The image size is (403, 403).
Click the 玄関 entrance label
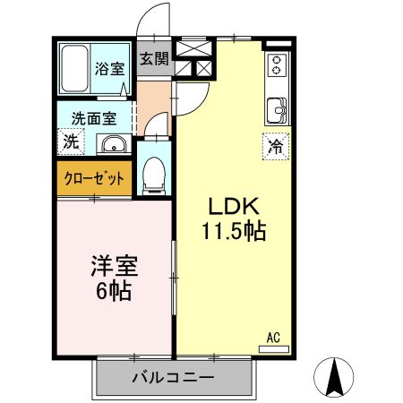click(x=155, y=58)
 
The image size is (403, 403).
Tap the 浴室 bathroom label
click(x=110, y=69)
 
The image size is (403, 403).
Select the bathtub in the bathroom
click(x=74, y=68)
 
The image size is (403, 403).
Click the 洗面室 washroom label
click(x=94, y=118)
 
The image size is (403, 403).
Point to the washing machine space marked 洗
click(x=71, y=141)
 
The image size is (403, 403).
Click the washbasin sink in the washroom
click(x=114, y=145)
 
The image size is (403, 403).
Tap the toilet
click(x=154, y=176)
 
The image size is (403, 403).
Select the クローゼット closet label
click(x=94, y=179)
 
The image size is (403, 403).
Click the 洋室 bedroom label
click(x=115, y=266)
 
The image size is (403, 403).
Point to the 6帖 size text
click(x=114, y=291)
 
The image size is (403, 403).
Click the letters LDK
click(x=234, y=207)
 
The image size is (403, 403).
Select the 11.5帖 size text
click(x=234, y=231)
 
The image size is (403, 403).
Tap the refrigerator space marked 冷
click(x=276, y=146)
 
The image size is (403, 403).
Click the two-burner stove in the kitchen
click(x=278, y=65)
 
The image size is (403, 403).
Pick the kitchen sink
click(x=277, y=110)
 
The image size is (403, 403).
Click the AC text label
click(x=273, y=338)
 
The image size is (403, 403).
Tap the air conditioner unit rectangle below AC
click(x=274, y=349)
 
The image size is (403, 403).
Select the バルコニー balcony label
click(x=174, y=378)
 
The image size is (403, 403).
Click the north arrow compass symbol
click(x=334, y=377)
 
